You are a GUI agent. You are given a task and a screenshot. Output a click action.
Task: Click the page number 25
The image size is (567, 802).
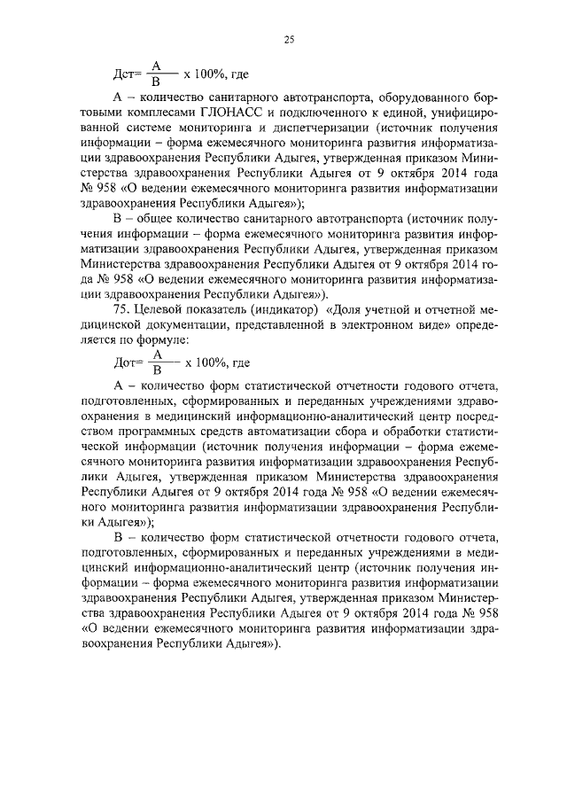pos(289,38)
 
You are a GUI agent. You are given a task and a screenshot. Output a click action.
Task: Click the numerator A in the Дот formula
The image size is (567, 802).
pos(156,354)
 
